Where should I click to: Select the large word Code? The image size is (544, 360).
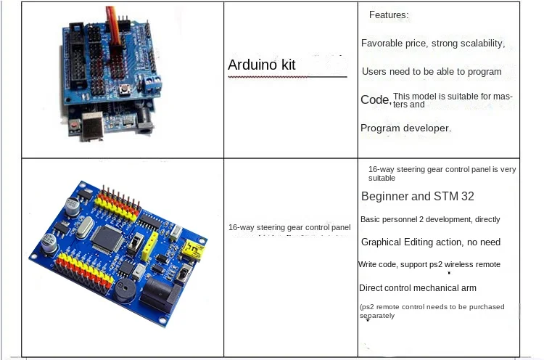point(375,99)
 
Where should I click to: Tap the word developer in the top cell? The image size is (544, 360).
point(426,128)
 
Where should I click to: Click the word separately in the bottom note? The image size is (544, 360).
point(377,316)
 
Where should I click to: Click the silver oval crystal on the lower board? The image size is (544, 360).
point(81,232)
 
